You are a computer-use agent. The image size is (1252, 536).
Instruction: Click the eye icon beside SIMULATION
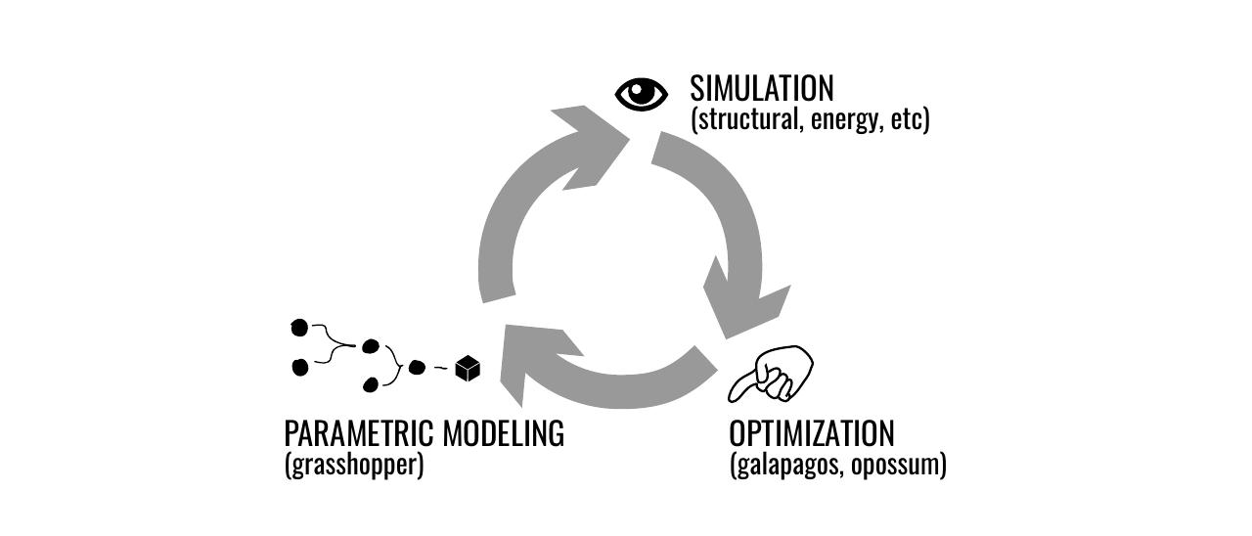[642, 94]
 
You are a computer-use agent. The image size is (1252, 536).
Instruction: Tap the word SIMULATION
[762, 89]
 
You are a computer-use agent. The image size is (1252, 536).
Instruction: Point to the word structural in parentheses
[749, 120]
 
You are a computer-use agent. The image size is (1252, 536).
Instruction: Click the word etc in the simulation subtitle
[908, 120]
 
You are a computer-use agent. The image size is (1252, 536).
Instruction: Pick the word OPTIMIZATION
[812, 433]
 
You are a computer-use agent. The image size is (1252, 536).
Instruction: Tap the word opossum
[896, 465]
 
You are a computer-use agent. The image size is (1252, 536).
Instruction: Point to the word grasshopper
[354, 465]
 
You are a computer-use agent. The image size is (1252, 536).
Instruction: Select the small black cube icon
[469, 368]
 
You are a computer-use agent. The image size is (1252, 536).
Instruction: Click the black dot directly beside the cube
[417, 368]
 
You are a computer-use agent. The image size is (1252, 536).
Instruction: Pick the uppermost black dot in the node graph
[299, 327]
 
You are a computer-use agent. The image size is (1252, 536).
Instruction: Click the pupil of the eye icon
[642, 94]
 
